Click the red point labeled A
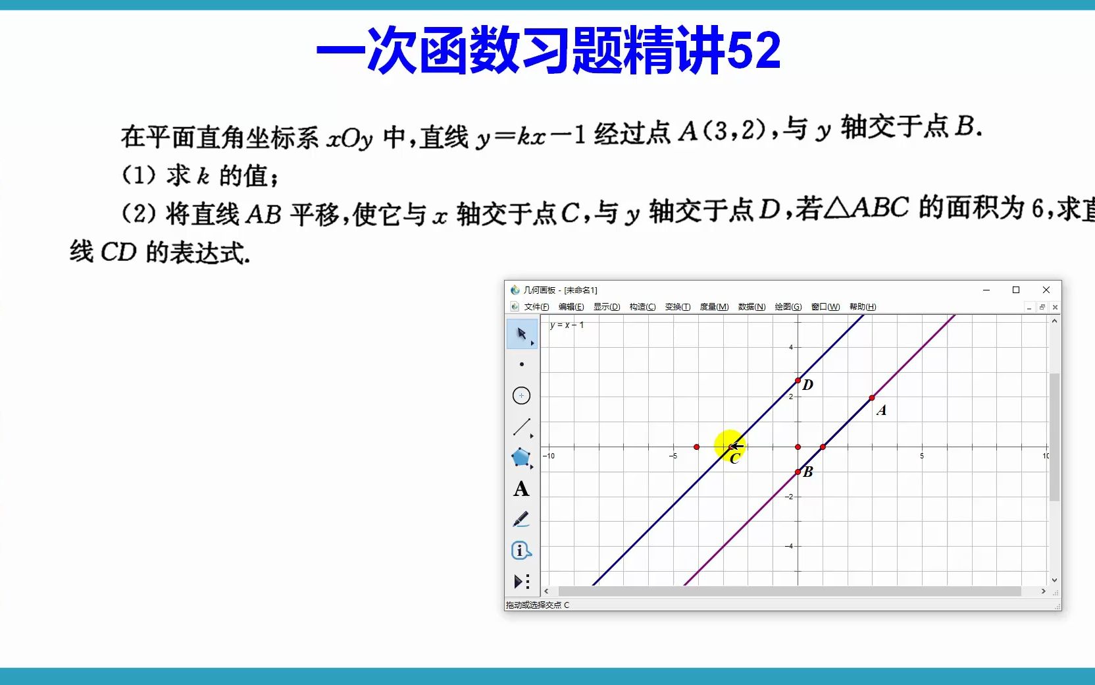point(872,398)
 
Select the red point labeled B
point(798,472)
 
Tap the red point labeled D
point(798,381)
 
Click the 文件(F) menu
point(536,307)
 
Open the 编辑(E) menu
point(571,307)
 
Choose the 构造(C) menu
point(642,307)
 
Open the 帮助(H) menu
point(862,307)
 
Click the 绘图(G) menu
point(788,307)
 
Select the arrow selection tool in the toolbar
point(522,334)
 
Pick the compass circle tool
point(521,395)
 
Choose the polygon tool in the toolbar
point(521,458)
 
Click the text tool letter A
point(521,489)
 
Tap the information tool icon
point(521,550)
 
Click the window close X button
point(1046,290)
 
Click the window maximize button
point(1015,290)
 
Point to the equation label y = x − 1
point(567,325)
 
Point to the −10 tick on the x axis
point(549,456)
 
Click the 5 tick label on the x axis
point(922,456)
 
